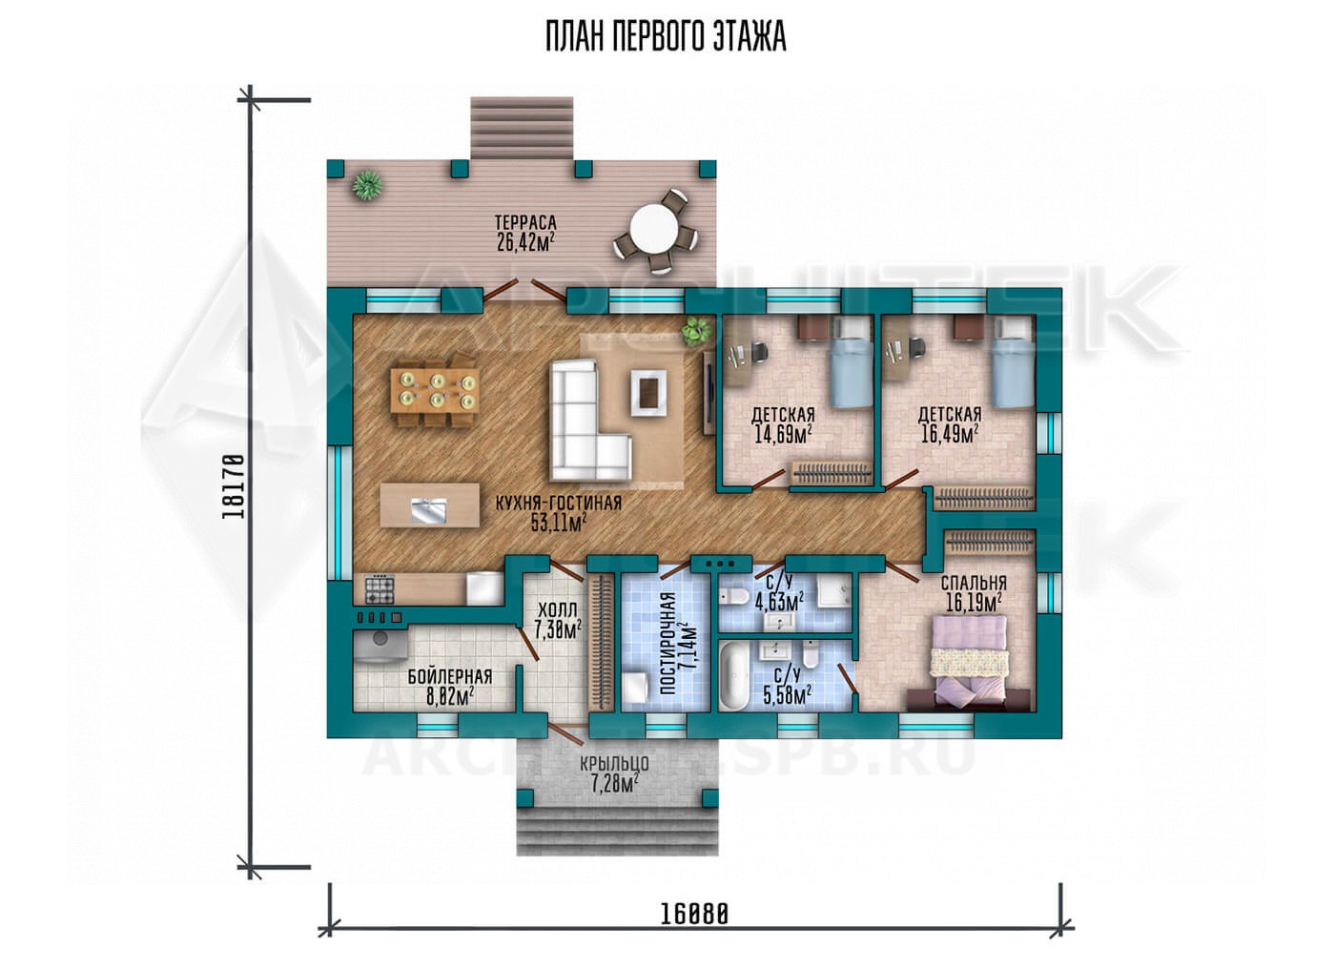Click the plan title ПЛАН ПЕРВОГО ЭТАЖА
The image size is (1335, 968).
[x=666, y=37]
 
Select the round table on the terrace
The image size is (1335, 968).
[x=654, y=230]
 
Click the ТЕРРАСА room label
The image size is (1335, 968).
[x=525, y=223]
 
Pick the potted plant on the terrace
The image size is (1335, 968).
[x=367, y=185]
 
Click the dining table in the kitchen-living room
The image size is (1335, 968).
[x=435, y=390]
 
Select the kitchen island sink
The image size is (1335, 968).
[x=428, y=512]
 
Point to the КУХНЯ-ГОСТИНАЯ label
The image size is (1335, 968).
[x=559, y=504]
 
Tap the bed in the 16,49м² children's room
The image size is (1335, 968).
[x=1013, y=363]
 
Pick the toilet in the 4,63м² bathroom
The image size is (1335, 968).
[x=733, y=595]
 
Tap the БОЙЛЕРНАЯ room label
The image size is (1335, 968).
[x=450, y=677]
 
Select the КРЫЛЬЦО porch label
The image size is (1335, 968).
[x=614, y=764]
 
